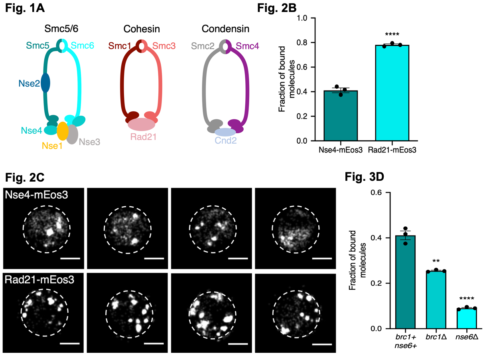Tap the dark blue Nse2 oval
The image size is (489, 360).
click(45, 83)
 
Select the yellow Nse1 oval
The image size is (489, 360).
click(62, 131)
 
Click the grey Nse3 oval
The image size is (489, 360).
click(73, 134)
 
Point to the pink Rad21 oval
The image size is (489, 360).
click(142, 125)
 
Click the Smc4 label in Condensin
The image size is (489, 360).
click(247, 46)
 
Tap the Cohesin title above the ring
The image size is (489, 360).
click(142, 29)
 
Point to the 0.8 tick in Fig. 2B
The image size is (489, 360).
click(300, 42)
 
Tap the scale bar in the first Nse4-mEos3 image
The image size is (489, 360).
click(71, 258)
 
